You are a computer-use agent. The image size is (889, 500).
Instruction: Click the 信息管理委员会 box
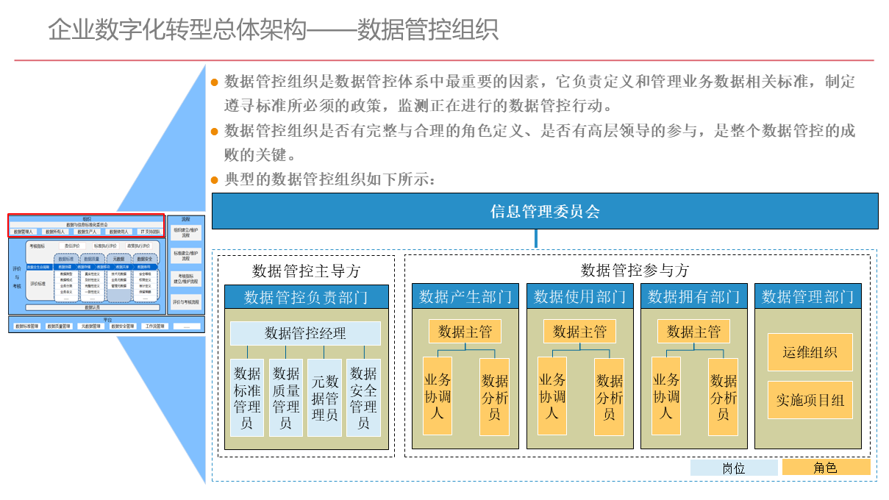[x=545, y=212]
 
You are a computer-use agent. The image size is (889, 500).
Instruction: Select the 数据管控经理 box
[x=305, y=333]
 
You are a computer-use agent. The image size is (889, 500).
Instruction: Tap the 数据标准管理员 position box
[x=247, y=398]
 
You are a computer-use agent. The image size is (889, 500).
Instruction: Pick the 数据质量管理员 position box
[x=285, y=398]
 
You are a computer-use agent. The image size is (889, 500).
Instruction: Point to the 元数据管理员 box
[x=324, y=398]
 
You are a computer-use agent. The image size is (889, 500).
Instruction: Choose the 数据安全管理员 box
[x=363, y=398]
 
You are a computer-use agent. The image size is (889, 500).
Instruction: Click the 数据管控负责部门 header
[x=306, y=297]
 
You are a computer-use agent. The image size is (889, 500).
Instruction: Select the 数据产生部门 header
[x=465, y=296]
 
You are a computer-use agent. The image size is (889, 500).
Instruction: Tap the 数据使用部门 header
[x=580, y=296]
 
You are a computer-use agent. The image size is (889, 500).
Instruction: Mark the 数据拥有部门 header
[x=694, y=296]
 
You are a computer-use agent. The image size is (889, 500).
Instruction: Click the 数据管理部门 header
[x=808, y=296]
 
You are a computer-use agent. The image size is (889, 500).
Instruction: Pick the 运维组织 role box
[x=810, y=352]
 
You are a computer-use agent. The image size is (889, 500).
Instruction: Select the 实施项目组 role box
[x=810, y=400]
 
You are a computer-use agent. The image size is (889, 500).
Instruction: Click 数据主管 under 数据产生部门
[x=465, y=332]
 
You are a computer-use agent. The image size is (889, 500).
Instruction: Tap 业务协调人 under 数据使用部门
[x=551, y=396]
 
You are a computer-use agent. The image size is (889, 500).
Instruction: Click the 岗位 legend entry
[x=733, y=468]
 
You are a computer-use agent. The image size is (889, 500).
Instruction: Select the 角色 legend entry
[x=826, y=468]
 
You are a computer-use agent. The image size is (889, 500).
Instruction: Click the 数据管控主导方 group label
[x=306, y=271]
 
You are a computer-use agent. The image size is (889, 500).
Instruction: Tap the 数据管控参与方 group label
[x=635, y=270]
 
